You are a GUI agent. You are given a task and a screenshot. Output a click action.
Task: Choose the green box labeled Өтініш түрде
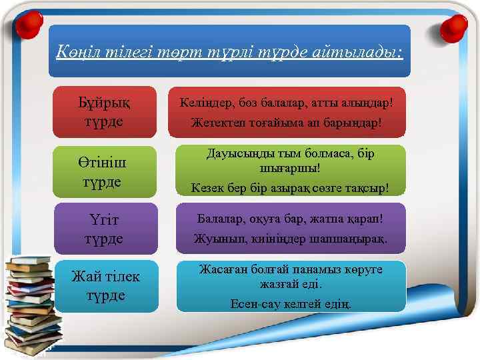pyautogui.click(x=105, y=172)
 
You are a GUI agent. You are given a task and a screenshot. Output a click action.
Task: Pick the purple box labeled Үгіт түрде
pyautogui.click(x=105, y=229)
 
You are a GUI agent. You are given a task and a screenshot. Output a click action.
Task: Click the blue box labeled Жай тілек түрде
pyautogui.click(x=106, y=286)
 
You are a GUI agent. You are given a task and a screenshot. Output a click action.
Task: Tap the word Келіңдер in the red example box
pyautogui.click(x=204, y=103)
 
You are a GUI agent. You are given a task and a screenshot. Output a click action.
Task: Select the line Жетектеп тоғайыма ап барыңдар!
pyautogui.click(x=286, y=124)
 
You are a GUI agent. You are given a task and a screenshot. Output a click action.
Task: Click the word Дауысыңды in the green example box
pyautogui.click(x=234, y=154)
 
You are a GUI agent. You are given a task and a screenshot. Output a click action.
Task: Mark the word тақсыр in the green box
pyautogui.click(x=366, y=188)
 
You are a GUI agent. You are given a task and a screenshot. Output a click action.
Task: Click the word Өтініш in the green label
pyautogui.click(x=105, y=163)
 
